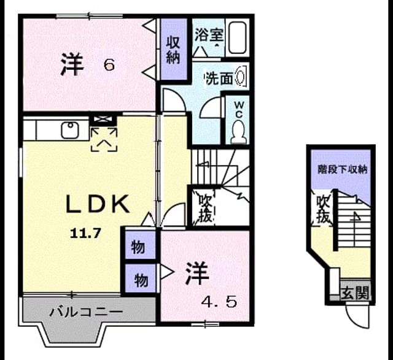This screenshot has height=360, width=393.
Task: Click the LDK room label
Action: [x=98, y=204]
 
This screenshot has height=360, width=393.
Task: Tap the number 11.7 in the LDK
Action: [x=86, y=234]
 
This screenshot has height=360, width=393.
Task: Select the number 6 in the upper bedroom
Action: [x=109, y=65]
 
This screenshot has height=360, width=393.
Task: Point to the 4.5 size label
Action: [x=219, y=303]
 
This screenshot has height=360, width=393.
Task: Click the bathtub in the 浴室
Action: [x=238, y=37]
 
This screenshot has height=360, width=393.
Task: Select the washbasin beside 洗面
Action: [x=240, y=77]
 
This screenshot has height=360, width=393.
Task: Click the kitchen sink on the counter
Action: [x=71, y=130]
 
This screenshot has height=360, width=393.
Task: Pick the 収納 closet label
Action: [x=173, y=50]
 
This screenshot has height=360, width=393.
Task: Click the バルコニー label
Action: [x=86, y=312]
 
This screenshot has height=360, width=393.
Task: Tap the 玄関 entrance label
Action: [x=356, y=293]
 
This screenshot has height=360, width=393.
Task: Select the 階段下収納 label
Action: [x=343, y=169]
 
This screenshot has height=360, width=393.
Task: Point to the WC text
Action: [x=239, y=109]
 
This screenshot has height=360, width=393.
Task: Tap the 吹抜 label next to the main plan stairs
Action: [x=206, y=209]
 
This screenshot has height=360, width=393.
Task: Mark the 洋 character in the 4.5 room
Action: [x=197, y=274]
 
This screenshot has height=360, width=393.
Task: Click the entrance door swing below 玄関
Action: [x=357, y=316]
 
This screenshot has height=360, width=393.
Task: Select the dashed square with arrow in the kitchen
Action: [x=104, y=139]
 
